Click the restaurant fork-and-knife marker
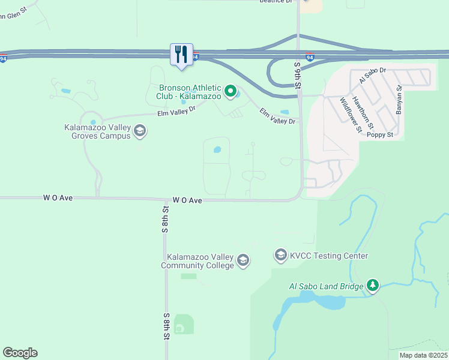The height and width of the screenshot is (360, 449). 181,54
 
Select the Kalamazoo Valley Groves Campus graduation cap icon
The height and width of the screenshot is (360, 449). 140,131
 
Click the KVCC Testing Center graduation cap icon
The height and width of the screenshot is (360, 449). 280,256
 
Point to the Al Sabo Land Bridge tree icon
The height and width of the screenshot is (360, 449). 373,286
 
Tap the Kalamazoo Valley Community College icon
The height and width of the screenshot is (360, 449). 243,260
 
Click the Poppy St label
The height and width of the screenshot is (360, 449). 381,135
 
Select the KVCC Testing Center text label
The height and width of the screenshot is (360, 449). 329,256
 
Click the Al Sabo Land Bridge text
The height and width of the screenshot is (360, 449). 323,287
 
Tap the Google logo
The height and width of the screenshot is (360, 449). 20,353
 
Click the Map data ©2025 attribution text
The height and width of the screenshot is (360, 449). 423,355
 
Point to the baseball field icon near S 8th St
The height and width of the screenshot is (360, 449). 179,328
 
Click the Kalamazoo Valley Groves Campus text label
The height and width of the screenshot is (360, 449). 97,131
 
